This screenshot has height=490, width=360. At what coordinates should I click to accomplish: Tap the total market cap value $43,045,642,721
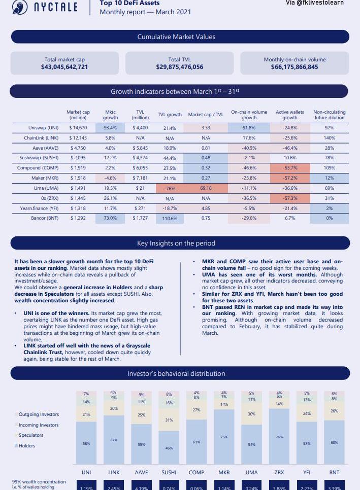(64, 67)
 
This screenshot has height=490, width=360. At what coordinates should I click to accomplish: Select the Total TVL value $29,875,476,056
(180, 67)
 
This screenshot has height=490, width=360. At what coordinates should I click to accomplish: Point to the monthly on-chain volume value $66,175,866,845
(294, 67)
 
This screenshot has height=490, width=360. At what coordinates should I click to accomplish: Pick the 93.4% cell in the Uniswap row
(110, 128)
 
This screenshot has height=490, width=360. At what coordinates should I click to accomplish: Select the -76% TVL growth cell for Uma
(170, 188)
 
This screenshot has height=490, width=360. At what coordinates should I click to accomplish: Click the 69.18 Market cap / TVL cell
(206, 188)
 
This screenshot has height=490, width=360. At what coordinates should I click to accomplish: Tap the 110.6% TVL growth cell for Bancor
(170, 218)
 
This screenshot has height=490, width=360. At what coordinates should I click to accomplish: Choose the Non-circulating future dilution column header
(330, 115)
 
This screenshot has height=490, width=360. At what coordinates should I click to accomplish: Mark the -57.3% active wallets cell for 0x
(289, 198)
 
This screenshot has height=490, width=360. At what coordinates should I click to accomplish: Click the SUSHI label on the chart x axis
(169, 472)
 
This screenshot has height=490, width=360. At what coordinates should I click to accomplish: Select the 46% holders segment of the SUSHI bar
(169, 448)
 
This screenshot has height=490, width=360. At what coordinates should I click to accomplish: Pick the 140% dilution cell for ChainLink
(329, 138)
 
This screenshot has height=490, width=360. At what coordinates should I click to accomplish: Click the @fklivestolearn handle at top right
(321, 3)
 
